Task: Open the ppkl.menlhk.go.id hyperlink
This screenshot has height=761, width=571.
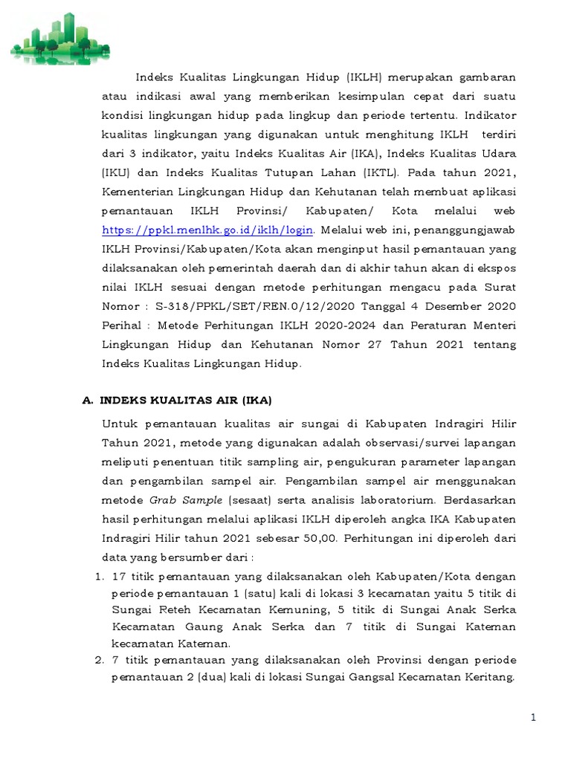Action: pyautogui.click(x=207, y=230)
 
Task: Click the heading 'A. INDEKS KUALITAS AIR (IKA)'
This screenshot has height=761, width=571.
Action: pyautogui.click(x=176, y=400)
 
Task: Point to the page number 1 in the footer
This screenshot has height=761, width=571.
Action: pyautogui.click(x=533, y=717)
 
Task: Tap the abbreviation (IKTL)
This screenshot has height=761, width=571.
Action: pyautogui.click(x=383, y=172)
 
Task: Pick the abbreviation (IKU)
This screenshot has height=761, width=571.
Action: pyautogui.click(x=114, y=172)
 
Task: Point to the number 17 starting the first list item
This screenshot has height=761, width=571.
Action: pyautogui.click(x=119, y=576)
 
